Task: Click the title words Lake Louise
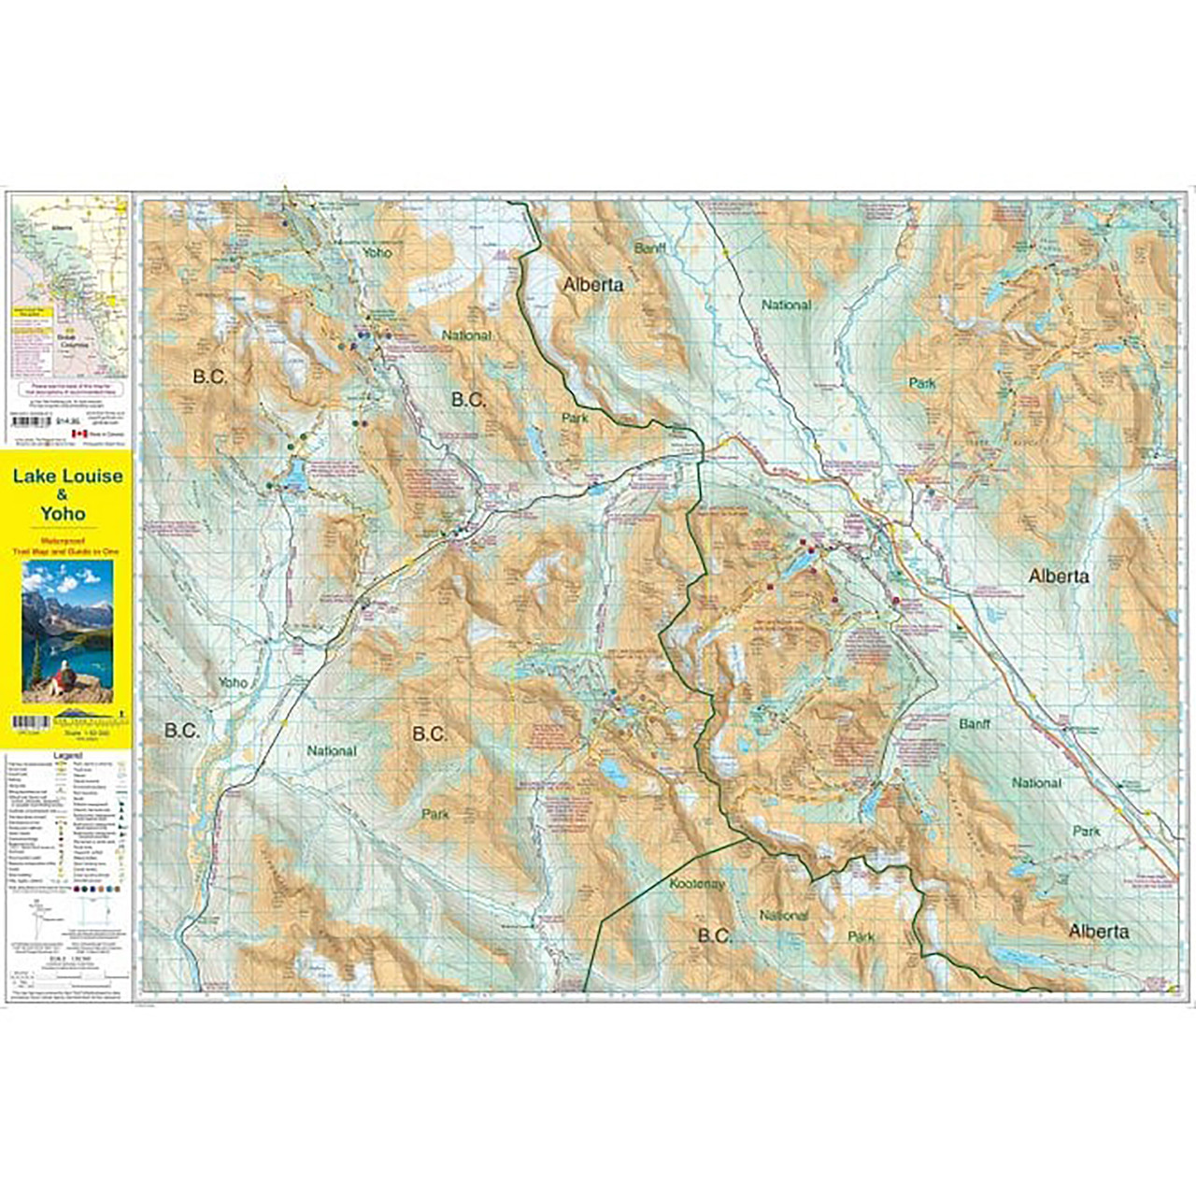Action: [x=67, y=477]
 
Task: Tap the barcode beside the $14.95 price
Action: [x=31, y=421]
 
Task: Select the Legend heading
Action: [x=67, y=755]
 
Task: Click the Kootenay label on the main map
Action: [x=696, y=883]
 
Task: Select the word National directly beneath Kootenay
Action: [x=784, y=915]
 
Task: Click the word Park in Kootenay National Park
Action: [x=861, y=935]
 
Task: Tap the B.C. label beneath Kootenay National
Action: [x=715, y=935]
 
